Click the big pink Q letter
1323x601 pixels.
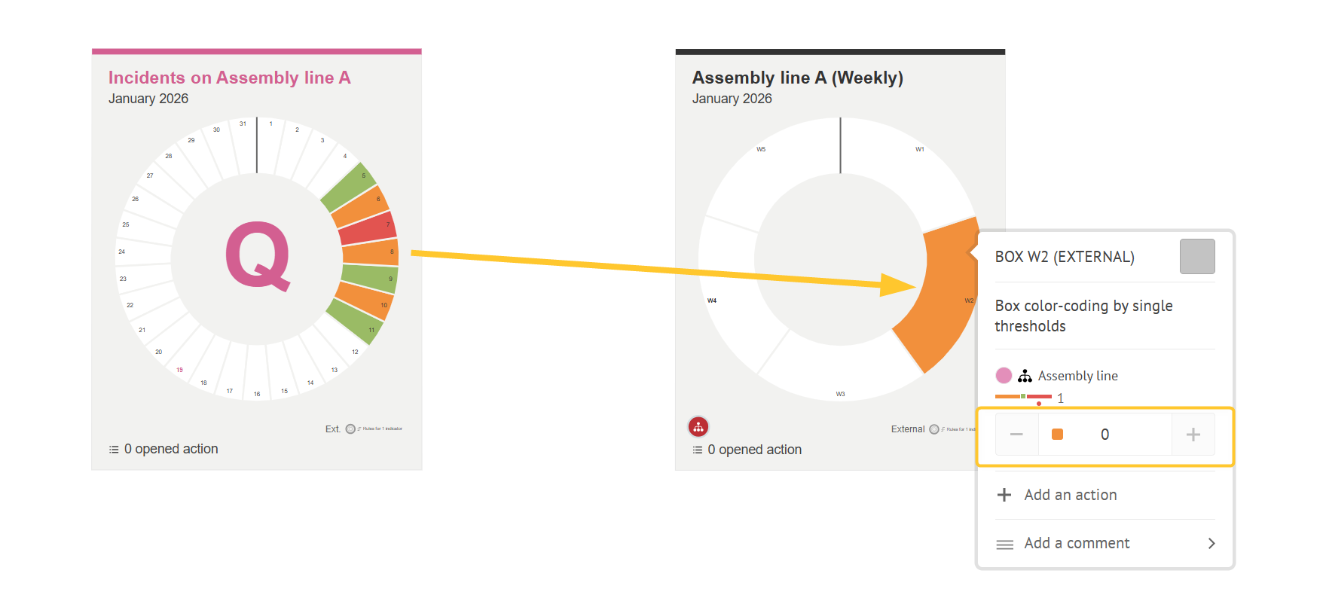tap(258, 256)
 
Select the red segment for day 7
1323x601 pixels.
tap(368, 228)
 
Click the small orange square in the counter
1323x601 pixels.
tap(1057, 435)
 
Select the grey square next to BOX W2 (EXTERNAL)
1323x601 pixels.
tap(1197, 257)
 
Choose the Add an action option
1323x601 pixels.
tap(1070, 495)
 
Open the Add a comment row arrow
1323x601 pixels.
tap(1211, 543)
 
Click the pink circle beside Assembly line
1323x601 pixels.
tap(1004, 375)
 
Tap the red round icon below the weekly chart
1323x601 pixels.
tap(698, 427)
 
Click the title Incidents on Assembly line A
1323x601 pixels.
tap(229, 78)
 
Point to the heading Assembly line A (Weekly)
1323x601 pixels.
tap(797, 78)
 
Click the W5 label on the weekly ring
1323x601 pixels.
tap(761, 149)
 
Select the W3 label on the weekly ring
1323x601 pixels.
tap(840, 394)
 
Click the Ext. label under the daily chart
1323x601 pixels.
tap(332, 429)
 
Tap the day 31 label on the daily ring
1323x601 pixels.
tap(243, 124)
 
